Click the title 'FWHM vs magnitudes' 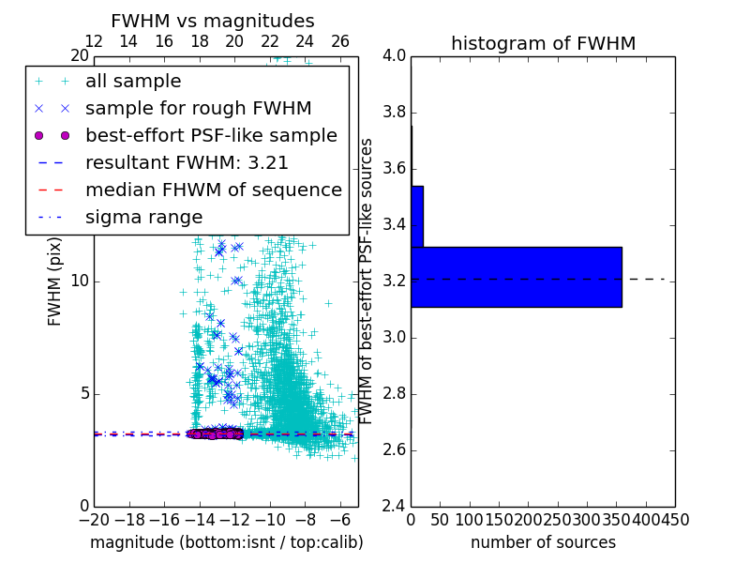[x=212, y=21]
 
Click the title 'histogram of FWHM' [x=543, y=43]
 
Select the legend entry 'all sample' [x=133, y=82]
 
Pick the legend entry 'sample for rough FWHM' [x=198, y=108]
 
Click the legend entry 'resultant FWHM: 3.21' [x=187, y=162]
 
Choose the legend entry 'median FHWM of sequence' [x=213, y=190]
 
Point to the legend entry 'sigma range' [x=143, y=217]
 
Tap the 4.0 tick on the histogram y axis [x=395, y=56]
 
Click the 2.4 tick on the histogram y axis [x=395, y=507]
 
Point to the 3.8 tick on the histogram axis [x=395, y=113]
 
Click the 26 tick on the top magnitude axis [x=340, y=41]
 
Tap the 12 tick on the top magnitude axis [x=94, y=41]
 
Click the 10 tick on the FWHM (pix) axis [x=80, y=281]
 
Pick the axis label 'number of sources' [x=543, y=542]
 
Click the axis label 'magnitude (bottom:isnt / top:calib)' [x=226, y=542]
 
